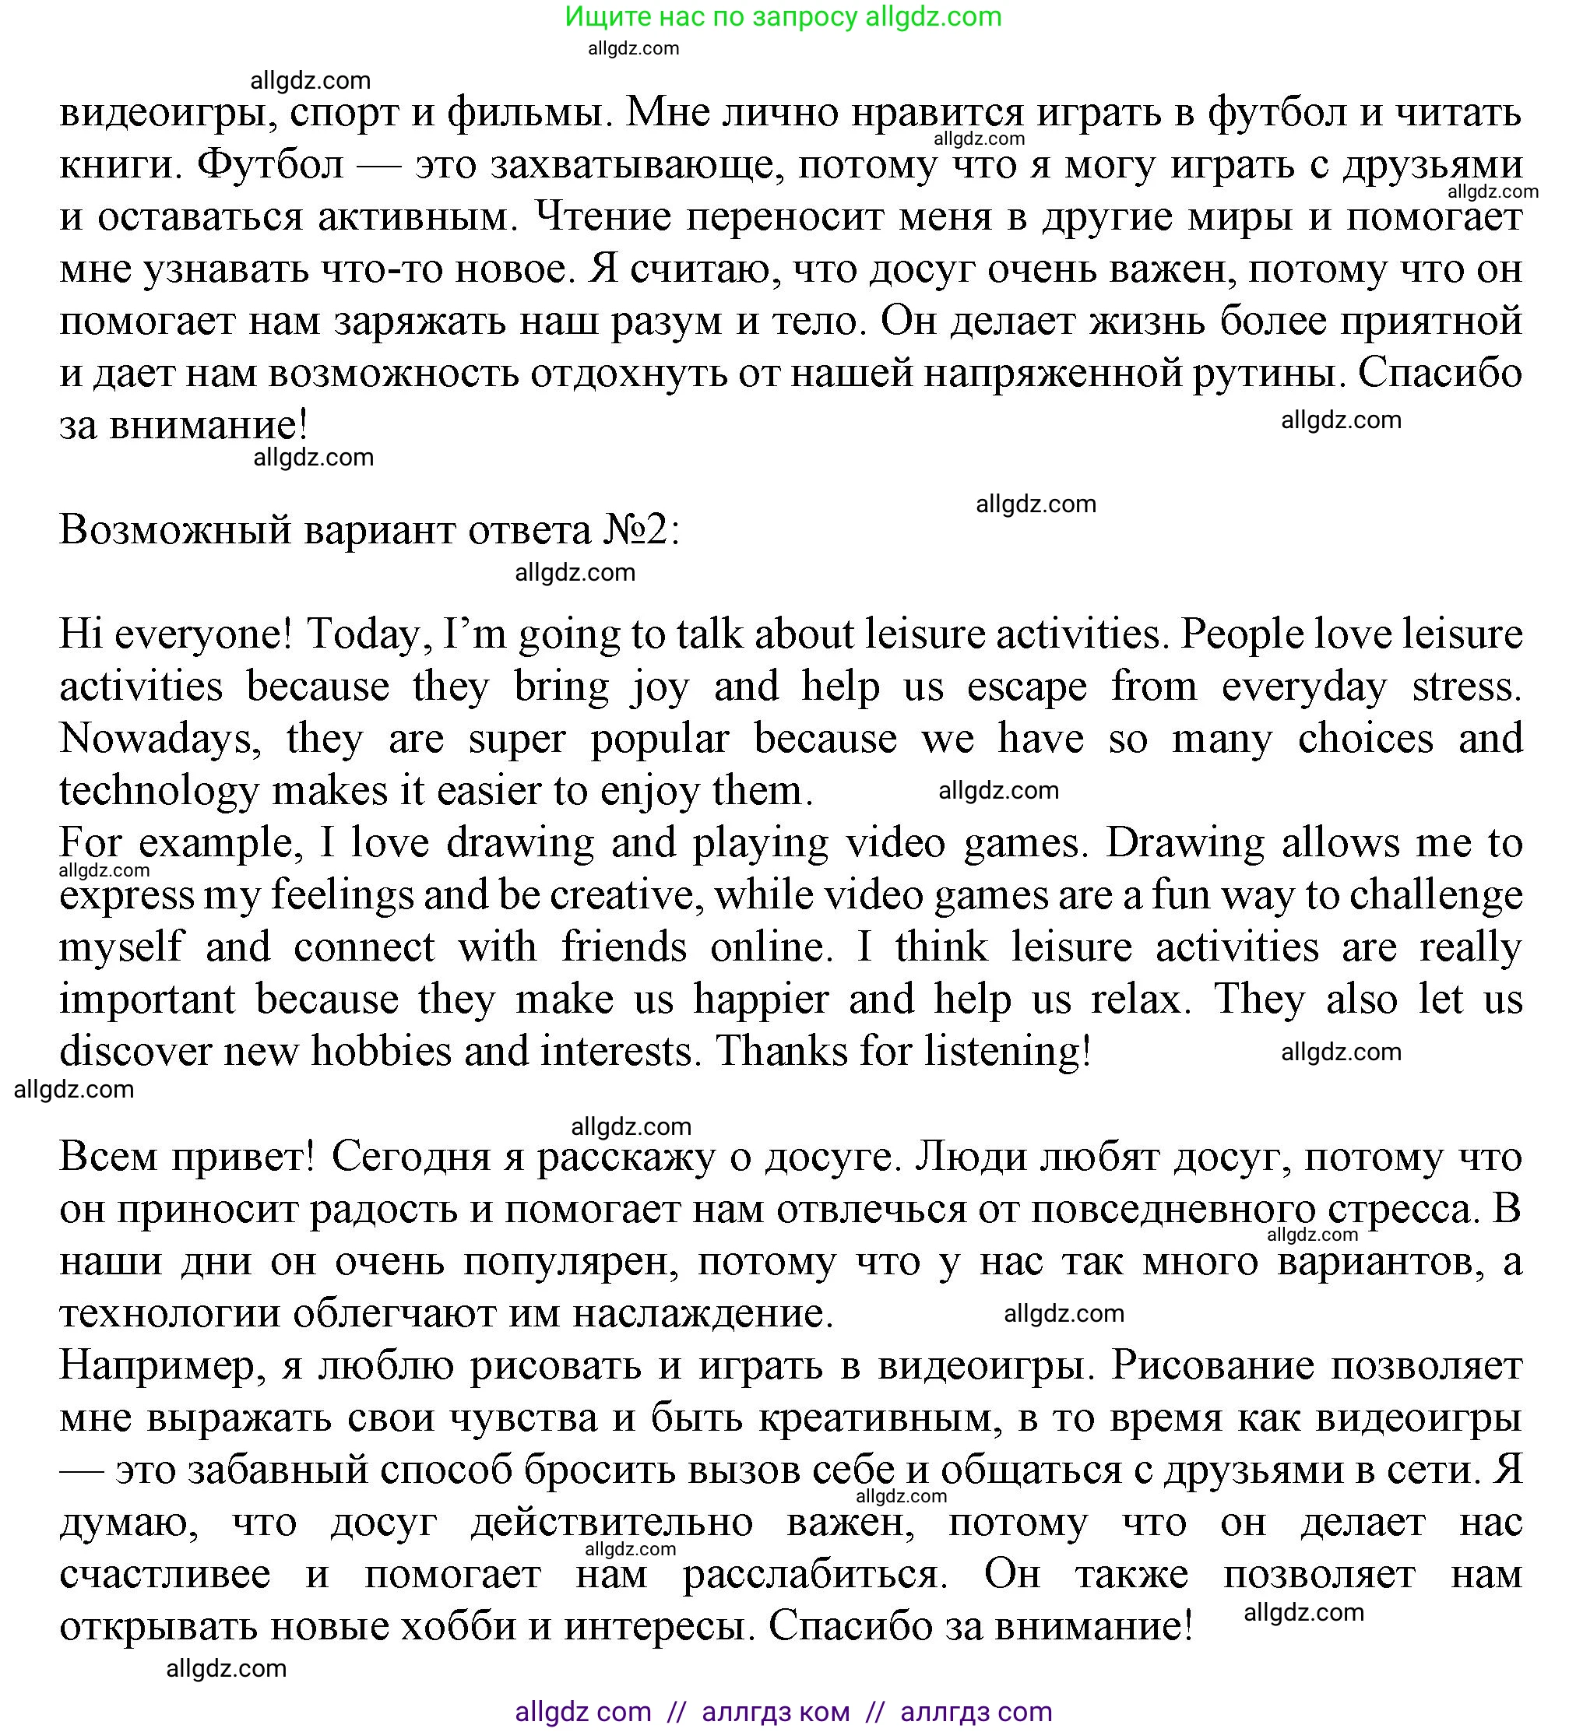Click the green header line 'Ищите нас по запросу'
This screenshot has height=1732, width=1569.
click(783, 16)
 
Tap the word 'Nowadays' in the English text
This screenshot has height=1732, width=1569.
click(160, 739)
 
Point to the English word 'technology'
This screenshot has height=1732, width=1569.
click(158, 791)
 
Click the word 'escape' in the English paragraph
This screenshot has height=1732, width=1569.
click(1027, 687)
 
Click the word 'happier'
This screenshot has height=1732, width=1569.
click(762, 1000)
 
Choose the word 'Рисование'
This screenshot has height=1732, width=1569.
click(1212, 1366)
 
